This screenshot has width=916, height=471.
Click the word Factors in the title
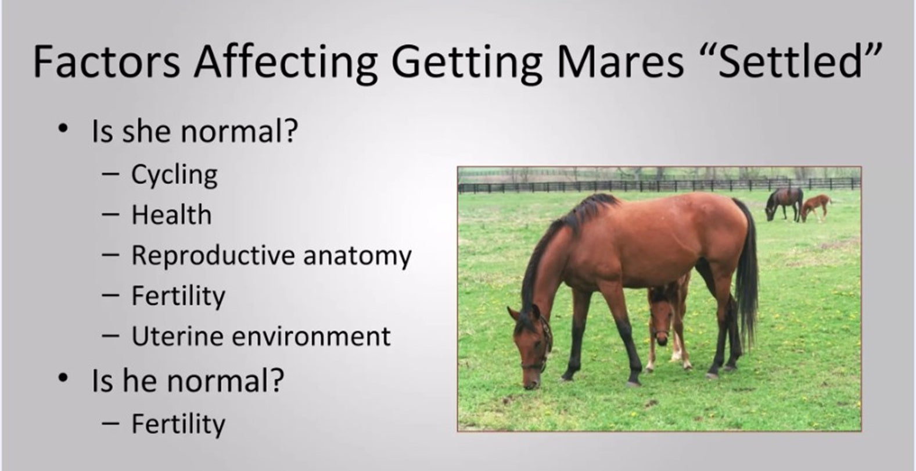(x=106, y=62)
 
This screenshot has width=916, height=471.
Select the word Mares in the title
(x=620, y=62)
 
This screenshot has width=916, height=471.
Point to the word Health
(x=171, y=215)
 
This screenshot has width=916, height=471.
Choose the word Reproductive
(x=213, y=256)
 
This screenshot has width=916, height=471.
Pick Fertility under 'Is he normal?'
(x=178, y=424)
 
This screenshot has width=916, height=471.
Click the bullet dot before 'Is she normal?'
(x=63, y=129)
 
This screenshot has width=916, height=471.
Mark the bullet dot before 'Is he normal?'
(x=63, y=378)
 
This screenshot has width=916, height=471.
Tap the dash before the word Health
(x=110, y=214)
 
